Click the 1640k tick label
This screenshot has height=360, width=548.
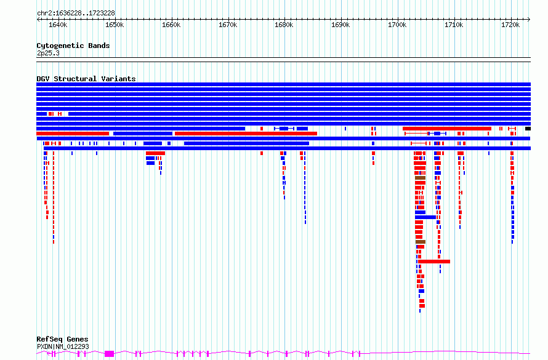(58, 25)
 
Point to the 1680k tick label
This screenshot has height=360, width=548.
(284, 25)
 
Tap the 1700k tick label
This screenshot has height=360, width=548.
(397, 25)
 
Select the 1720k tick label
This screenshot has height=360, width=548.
(510, 25)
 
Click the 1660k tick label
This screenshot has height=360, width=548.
(171, 25)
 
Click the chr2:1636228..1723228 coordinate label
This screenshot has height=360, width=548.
(76, 14)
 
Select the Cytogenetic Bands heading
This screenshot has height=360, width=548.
(73, 46)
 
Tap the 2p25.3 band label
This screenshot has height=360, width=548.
(48, 53)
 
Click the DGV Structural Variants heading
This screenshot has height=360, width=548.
(86, 79)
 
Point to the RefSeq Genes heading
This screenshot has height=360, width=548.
(62, 339)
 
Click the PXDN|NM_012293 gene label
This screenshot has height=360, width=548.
(63, 346)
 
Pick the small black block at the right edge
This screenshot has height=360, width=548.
(528, 129)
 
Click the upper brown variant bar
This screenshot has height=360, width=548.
(420, 178)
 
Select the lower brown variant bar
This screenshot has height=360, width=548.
(421, 242)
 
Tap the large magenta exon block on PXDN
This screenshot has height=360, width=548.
(110, 354)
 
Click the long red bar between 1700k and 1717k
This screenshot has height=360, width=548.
(447, 129)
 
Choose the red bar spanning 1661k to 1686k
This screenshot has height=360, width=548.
(246, 134)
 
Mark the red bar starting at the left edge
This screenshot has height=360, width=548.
(73, 134)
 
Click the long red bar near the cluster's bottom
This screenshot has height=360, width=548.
(434, 262)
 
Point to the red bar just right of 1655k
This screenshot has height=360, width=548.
(156, 153)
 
